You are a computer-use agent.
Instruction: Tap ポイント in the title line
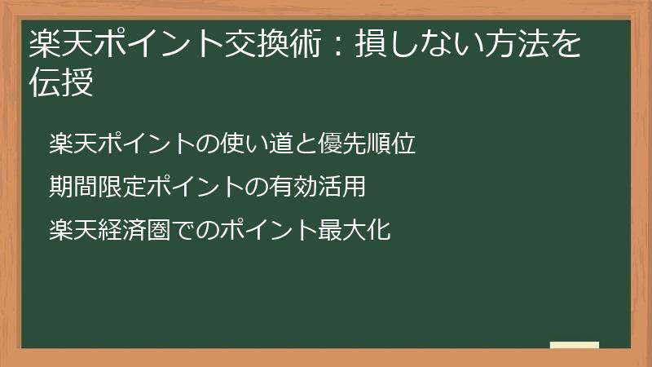pos(158,45)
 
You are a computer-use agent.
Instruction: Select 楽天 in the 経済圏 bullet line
pos(70,231)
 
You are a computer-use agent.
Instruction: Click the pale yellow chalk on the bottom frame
pos(575,346)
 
